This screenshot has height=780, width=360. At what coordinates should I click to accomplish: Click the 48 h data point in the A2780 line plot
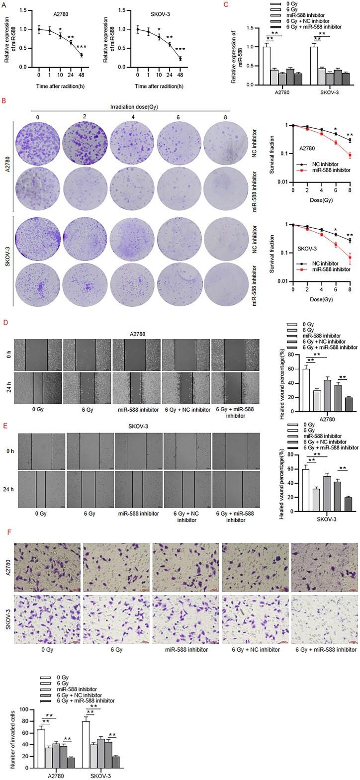[81, 55]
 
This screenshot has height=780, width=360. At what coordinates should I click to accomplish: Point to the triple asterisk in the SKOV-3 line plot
[180, 49]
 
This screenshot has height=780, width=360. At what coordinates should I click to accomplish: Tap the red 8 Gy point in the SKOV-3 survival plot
[350, 258]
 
